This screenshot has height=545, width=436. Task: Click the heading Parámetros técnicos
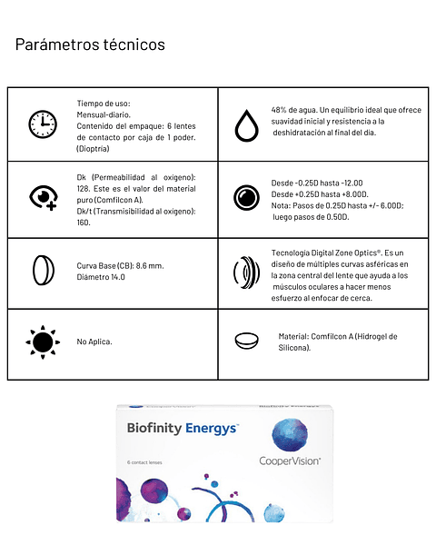point(90,45)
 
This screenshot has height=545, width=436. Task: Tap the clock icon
point(42,124)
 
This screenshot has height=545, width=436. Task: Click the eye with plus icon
point(42,197)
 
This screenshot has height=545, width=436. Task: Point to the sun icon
point(42,342)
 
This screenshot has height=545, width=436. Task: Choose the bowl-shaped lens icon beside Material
point(245,341)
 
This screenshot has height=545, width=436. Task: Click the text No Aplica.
point(94,342)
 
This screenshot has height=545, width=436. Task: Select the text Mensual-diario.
point(104,114)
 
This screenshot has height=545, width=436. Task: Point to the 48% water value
point(279,110)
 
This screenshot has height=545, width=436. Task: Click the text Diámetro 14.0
point(101,277)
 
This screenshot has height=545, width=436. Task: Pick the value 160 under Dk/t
point(84,222)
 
